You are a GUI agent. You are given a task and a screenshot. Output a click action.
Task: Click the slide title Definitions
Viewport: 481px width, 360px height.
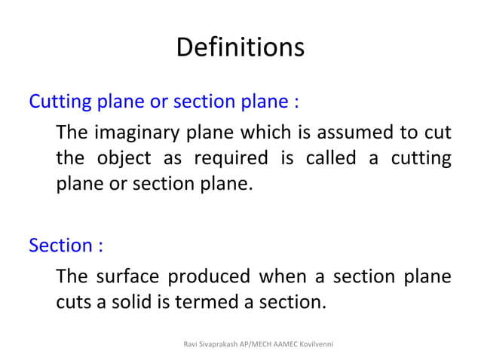coord(240,47)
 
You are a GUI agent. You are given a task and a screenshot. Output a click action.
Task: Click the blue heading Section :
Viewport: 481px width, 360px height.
coord(66,246)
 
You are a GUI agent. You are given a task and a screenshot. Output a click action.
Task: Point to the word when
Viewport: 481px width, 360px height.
coord(280,277)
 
